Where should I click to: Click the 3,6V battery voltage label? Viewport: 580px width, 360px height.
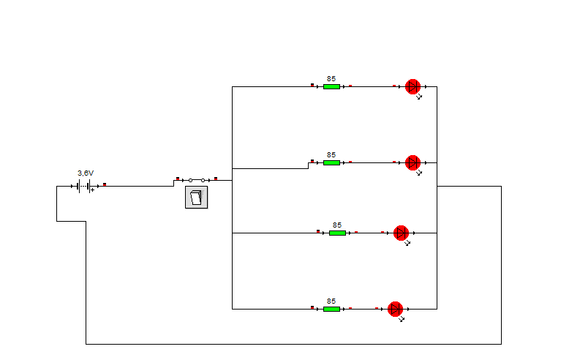(x=86, y=173)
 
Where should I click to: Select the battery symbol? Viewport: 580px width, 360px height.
(x=85, y=186)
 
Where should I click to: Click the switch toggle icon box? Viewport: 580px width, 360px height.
(x=196, y=198)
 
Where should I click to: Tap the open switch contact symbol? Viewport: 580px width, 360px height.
(x=196, y=180)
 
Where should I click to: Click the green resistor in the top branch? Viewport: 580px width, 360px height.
(x=331, y=86)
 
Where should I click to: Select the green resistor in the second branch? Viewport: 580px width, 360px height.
(x=331, y=162)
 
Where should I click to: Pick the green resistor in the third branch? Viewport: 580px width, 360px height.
(x=337, y=233)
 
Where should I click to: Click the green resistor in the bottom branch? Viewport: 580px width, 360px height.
(x=331, y=309)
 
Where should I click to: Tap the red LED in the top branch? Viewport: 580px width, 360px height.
(x=413, y=86)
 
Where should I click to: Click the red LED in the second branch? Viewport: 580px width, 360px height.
(x=413, y=162)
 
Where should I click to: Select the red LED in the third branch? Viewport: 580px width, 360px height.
(x=401, y=233)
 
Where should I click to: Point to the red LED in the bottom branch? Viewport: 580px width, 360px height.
(x=395, y=309)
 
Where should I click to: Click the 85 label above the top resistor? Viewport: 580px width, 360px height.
(x=331, y=78)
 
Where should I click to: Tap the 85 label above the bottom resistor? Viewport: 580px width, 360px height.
(x=331, y=301)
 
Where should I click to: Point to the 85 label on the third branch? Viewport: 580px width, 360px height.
(x=337, y=225)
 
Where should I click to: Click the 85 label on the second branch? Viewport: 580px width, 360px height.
(x=331, y=154)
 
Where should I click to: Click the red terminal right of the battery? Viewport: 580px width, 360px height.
(x=105, y=184)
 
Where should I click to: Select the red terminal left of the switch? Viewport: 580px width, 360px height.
(x=178, y=179)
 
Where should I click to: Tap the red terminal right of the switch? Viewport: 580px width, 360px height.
(x=216, y=179)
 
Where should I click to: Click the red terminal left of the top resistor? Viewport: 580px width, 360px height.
(x=312, y=85)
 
